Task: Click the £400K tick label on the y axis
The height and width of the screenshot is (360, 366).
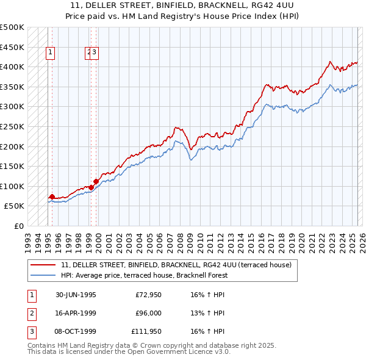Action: [x=12, y=67]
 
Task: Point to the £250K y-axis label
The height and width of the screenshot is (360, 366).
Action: [x=12, y=126]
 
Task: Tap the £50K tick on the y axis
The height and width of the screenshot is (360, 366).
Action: [x=15, y=206]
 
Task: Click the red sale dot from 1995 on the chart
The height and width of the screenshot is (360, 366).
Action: [x=52, y=196]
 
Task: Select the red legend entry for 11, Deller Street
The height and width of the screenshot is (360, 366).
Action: [x=177, y=265]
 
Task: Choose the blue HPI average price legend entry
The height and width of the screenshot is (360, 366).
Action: [x=144, y=275]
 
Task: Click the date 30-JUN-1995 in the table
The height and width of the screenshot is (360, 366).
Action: [x=76, y=295]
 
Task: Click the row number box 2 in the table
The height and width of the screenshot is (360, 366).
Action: [x=30, y=313]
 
